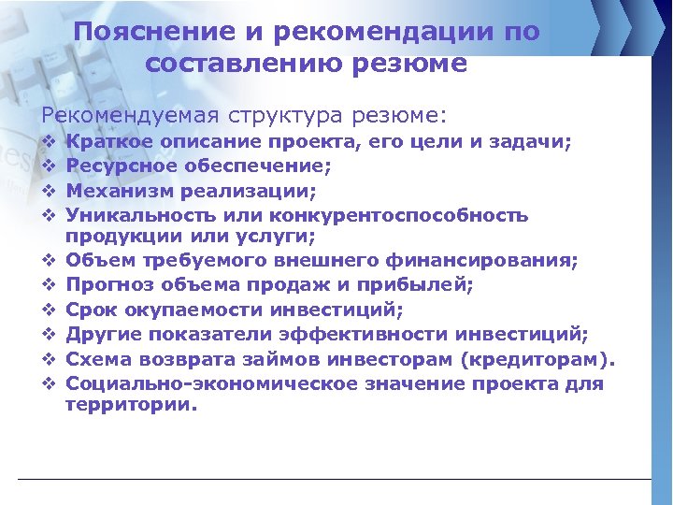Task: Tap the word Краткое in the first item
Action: click(104, 142)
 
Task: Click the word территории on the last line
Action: click(130, 405)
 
